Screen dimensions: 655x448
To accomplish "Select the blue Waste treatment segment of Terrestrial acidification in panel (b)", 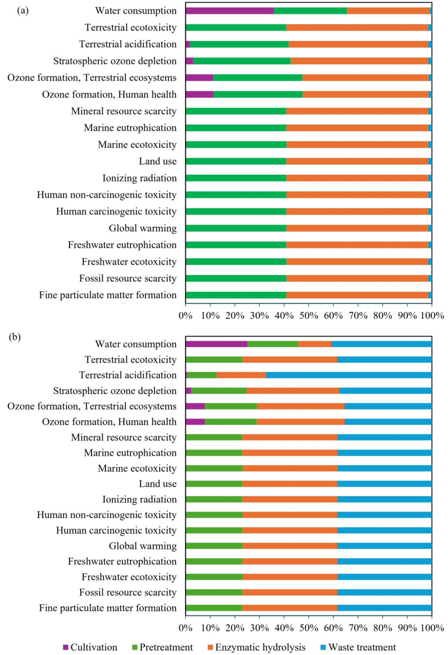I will coord(349,375).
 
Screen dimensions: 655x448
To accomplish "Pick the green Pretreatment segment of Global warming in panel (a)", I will coord(236,228).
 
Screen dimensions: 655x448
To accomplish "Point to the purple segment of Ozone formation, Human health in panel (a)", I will coord(199,94).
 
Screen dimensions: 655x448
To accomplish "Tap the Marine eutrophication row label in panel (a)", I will coord(130,128).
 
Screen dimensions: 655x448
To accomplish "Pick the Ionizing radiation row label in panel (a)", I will coord(140,178).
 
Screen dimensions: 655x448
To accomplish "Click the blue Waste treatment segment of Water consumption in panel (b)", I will coord(381,344).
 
